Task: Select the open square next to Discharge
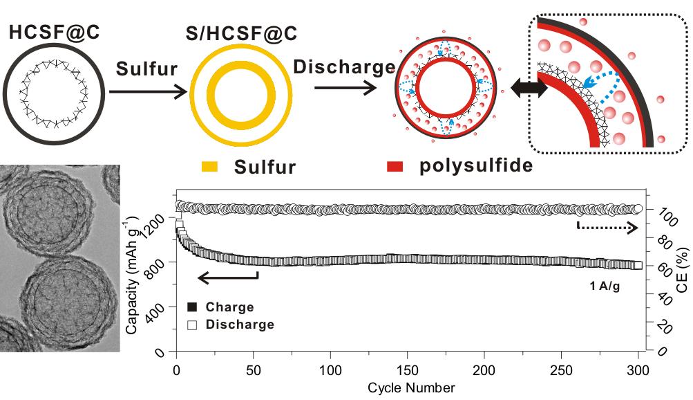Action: [193, 325]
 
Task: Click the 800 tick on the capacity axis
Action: [158, 264]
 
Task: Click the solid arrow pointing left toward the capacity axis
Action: [228, 278]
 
